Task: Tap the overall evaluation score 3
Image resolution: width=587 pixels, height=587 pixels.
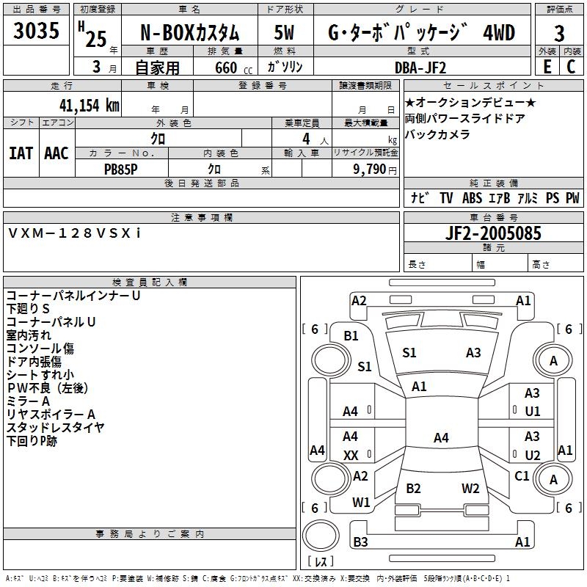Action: [559, 33]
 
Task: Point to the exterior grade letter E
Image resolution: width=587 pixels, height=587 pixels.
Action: [546, 67]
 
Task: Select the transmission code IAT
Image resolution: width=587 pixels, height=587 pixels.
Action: [21, 153]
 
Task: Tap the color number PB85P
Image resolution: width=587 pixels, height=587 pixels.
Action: [121, 167]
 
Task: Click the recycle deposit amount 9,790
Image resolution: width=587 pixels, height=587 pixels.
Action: [370, 168]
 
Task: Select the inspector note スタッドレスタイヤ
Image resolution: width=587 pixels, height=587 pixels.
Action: [55, 427]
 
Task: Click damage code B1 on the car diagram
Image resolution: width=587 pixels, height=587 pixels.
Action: [351, 335]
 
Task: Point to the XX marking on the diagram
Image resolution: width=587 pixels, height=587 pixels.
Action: [351, 456]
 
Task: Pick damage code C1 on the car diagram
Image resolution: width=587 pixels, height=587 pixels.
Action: [522, 475]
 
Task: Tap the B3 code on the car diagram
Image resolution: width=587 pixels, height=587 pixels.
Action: [360, 542]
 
